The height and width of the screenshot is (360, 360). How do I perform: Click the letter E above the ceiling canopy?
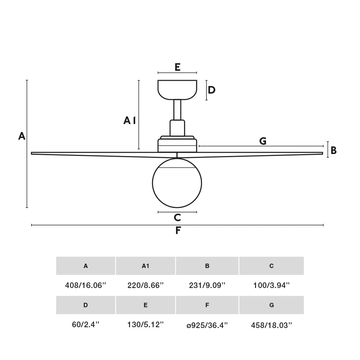177,67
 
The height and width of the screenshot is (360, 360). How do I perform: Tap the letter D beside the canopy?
212,90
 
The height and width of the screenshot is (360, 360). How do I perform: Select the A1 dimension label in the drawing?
130,120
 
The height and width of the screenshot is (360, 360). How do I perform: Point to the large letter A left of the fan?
22,136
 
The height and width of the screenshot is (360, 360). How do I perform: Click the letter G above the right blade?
263,141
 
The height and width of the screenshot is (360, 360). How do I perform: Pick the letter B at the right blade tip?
333,150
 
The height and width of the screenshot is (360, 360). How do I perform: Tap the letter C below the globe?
177,218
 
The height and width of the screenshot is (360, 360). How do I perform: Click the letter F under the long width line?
178,230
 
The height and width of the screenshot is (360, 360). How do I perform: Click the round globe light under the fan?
177,183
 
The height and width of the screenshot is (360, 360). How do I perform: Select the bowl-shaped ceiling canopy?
177,90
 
